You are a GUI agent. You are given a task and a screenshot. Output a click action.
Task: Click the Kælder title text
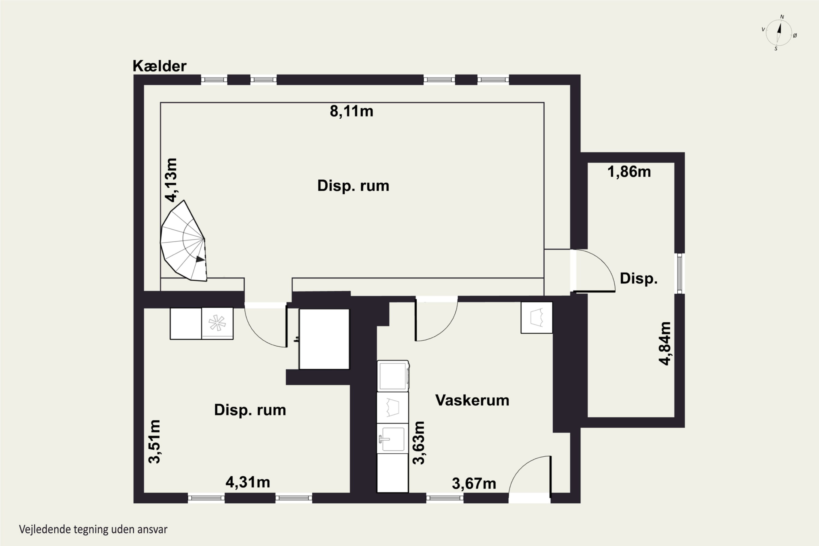coord(159,66)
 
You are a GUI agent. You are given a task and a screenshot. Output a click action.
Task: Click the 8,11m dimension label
coord(351,111)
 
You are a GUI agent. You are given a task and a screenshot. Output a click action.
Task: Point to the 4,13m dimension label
coord(171,180)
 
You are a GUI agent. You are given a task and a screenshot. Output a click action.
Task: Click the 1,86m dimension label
coord(629,172)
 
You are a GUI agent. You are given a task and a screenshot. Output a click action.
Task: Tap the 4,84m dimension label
coord(665,343)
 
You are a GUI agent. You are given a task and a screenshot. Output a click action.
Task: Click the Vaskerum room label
coord(472,400)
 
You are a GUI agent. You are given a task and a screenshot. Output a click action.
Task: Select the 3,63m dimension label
coord(419,443)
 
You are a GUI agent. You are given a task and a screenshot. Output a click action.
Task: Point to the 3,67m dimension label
coord(474,483)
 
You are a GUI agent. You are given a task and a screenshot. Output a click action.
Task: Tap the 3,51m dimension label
coord(154,441)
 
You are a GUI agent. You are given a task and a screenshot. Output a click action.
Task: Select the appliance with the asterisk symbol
coord(217,323)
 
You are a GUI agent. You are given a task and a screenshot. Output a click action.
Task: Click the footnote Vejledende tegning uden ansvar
coord(93,530)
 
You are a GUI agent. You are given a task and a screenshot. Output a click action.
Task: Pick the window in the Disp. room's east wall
coord(680,273)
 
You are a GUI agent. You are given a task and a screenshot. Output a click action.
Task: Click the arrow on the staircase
coord(200,259)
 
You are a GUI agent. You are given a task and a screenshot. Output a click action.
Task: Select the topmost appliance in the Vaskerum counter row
coord(393,376)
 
